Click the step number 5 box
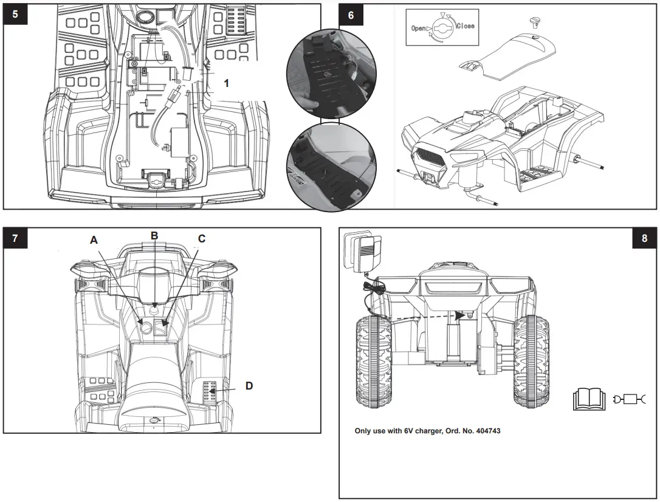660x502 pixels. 15,15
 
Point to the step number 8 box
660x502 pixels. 645,238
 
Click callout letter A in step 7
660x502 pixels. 94,240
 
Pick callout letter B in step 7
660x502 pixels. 154,235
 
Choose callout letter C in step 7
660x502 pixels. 202,239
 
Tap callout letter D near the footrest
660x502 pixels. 249,385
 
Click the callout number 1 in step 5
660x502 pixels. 227,84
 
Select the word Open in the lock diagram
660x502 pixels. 419,28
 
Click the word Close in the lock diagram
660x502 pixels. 465,26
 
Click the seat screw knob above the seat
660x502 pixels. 535,22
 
